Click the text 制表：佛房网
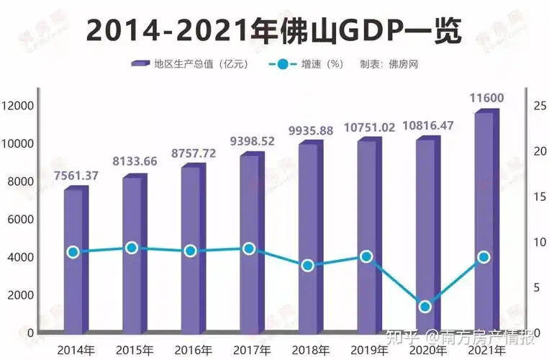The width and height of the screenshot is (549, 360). [x=389, y=64]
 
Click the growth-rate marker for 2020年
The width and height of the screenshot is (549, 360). [x=425, y=306]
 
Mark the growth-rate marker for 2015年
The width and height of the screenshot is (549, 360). [x=132, y=248]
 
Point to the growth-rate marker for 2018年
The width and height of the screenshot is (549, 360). [x=308, y=265]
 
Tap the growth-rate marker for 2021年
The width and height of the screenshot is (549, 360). [x=484, y=257]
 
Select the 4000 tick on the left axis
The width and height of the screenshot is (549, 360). [x=20, y=257]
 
